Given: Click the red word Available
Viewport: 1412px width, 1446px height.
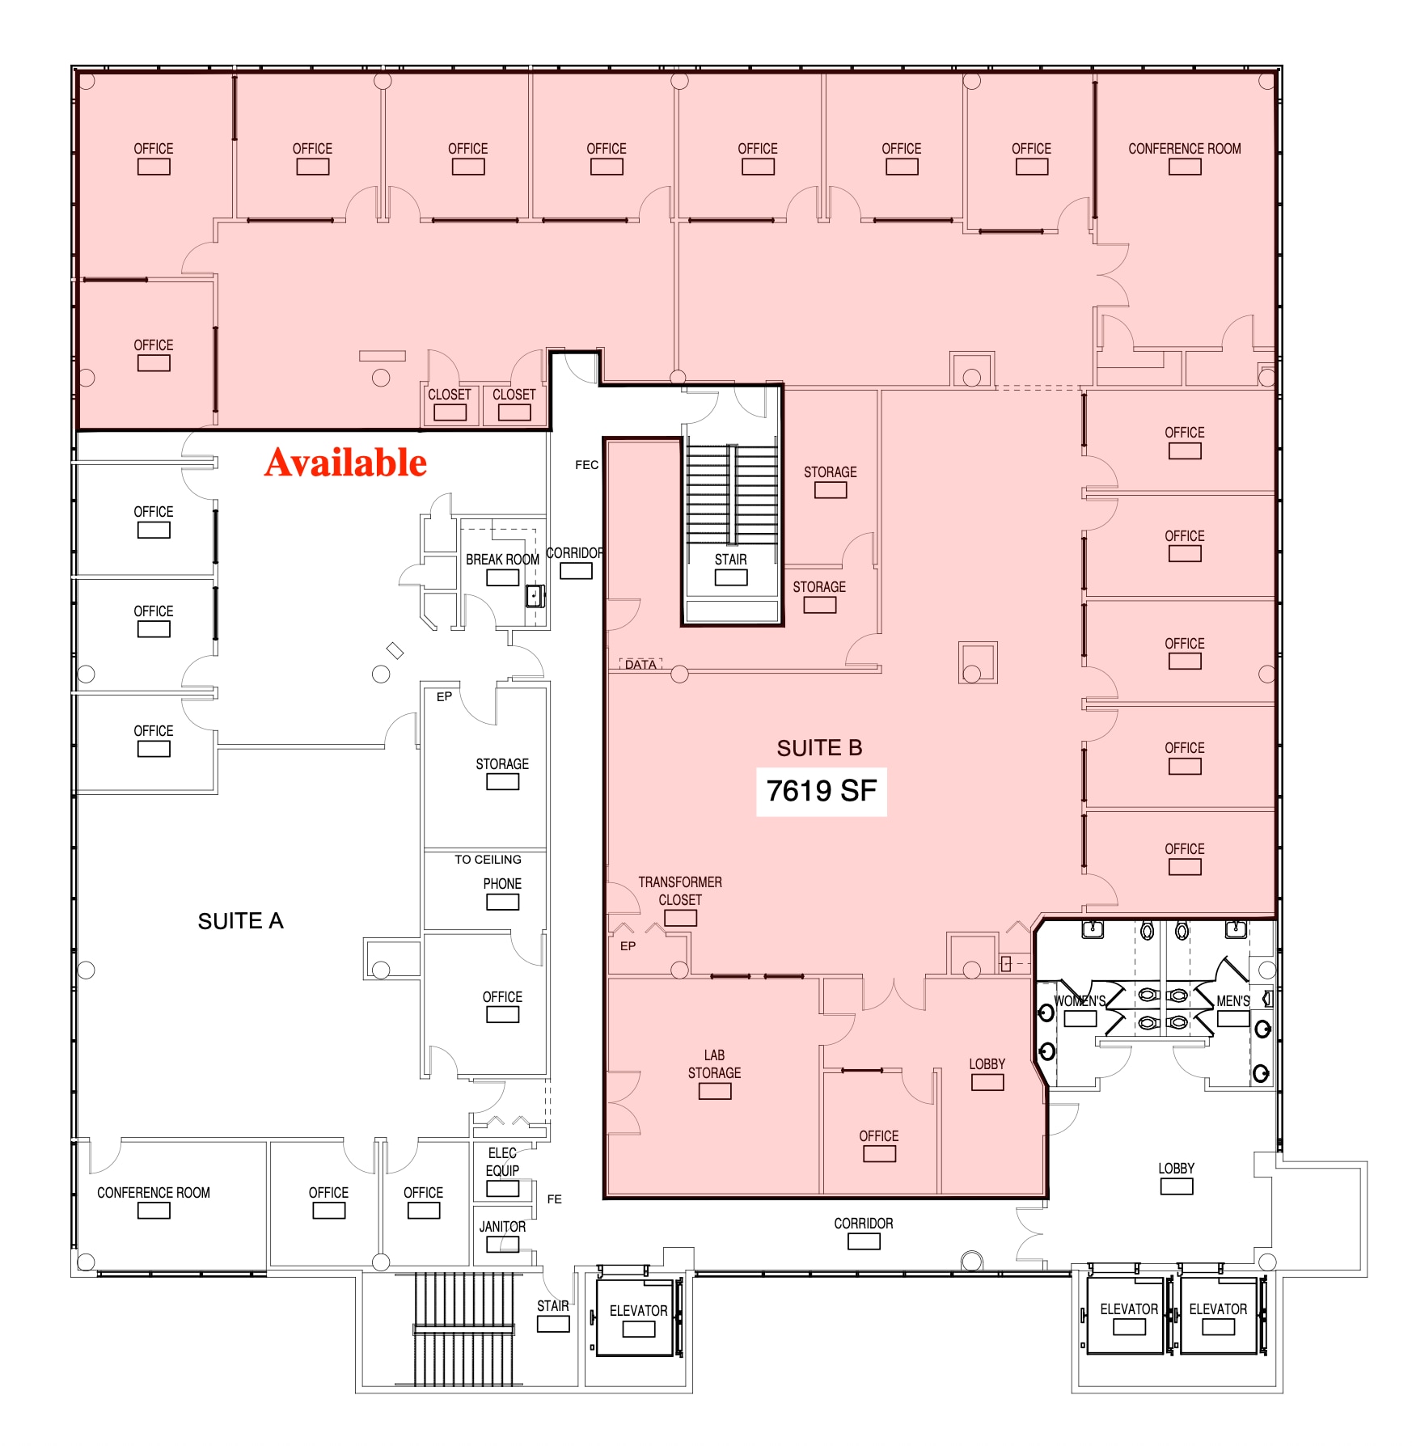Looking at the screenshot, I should (x=345, y=463).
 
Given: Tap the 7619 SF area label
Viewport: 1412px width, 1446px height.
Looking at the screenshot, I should (x=821, y=791).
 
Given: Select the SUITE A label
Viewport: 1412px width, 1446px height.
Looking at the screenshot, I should (x=240, y=921).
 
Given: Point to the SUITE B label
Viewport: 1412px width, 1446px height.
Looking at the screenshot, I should (x=819, y=748).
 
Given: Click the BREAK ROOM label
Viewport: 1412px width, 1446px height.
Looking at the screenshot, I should (x=502, y=560).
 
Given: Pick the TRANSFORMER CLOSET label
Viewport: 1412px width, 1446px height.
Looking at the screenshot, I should (x=680, y=891).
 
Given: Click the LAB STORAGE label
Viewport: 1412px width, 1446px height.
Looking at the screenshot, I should (x=714, y=1064).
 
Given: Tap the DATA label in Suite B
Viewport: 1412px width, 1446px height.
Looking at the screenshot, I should (x=640, y=665).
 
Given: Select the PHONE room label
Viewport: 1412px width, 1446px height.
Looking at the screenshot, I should (x=502, y=884).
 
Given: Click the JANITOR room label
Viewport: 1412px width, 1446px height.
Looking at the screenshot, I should (x=502, y=1227).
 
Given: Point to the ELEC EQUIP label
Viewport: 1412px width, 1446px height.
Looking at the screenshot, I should (x=502, y=1162).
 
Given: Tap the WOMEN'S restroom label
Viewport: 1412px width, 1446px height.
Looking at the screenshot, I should (x=1080, y=1001).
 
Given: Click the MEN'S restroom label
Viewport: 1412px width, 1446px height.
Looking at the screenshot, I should (x=1233, y=1001).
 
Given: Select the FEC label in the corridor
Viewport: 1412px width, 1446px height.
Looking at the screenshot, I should (x=586, y=465).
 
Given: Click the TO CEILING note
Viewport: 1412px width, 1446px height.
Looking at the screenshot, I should (x=488, y=860).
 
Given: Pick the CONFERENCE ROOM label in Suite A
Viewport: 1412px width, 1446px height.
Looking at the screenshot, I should (x=154, y=1193).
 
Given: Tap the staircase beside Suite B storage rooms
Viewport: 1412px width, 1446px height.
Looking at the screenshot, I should (x=731, y=495).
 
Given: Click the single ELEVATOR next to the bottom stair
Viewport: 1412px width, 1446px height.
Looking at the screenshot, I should (x=638, y=1311).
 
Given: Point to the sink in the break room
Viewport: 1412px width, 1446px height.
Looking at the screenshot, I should (x=535, y=596).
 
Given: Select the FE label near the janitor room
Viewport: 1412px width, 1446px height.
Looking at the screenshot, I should (x=554, y=1199).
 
